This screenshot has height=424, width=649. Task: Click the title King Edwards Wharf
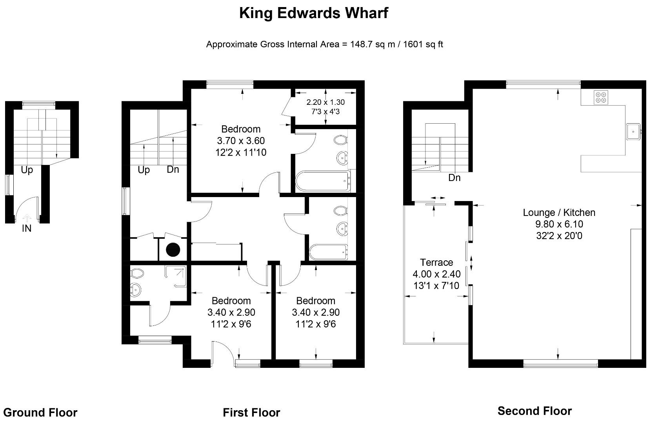tap(313, 13)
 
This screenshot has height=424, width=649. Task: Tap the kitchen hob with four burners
tap(600, 97)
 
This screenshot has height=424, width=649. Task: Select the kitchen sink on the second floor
tap(633, 132)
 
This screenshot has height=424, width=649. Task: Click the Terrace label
tap(436, 262)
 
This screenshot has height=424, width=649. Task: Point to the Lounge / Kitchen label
tap(559, 212)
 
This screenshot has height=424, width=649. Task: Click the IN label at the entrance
tap(26, 228)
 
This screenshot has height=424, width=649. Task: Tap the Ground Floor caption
tap(40, 413)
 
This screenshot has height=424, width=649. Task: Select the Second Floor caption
tap(534, 411)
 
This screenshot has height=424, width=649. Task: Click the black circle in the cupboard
tap(173, 250)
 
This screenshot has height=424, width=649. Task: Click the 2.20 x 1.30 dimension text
tap(325, 102)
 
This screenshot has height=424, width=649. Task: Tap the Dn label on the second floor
tap(454, 178)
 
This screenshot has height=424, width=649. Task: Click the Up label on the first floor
tap(144, 170)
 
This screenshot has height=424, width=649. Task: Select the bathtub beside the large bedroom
tap(322, 181)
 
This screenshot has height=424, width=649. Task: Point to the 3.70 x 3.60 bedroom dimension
tap(241, 141)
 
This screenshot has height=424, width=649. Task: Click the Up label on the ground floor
tap(27, 170)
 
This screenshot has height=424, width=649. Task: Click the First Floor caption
tap(251, 413)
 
